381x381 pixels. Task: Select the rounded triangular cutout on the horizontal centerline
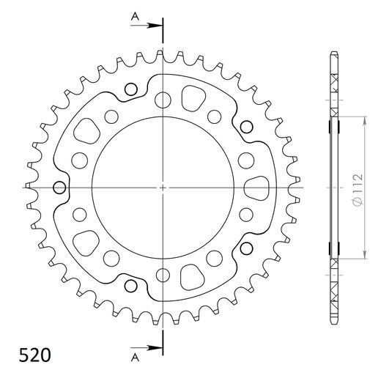[259, 188]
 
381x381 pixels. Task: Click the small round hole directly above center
[162, 96]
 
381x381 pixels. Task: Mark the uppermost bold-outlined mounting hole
[132, 90]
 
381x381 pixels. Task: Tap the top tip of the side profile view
[334, 53]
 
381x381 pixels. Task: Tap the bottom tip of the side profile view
[334, 322]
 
